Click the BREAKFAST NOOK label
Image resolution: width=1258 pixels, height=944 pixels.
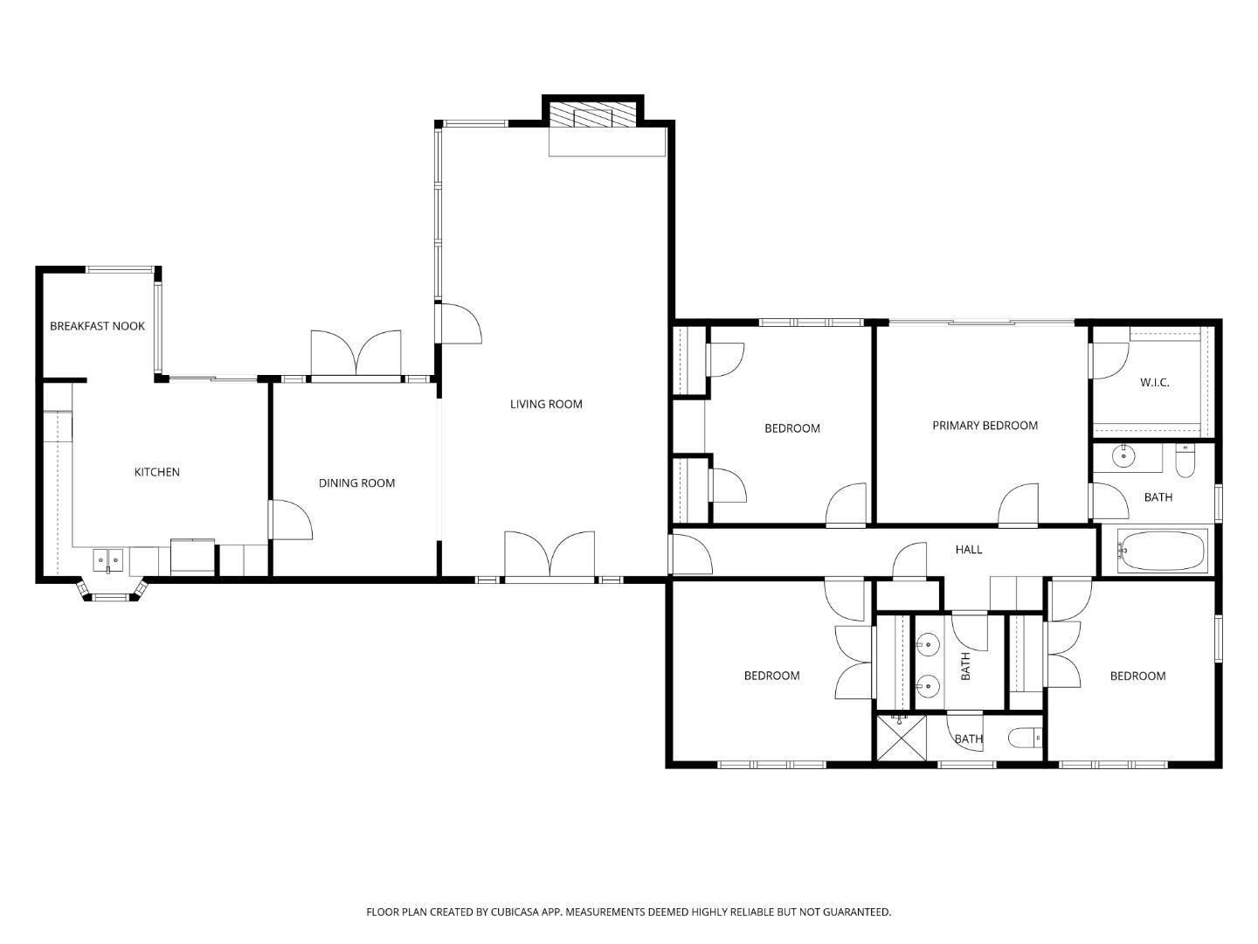tap(97, 326)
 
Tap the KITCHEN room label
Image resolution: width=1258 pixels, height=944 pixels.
tap(156, 472)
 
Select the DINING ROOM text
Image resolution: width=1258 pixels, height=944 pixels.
tap(356, 482)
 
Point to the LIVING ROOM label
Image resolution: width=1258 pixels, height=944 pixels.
tap(546, 404)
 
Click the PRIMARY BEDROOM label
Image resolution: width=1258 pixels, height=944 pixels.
tap(985, 426)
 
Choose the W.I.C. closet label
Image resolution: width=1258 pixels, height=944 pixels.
tap(1154, 383)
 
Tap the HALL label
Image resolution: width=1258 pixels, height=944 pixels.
tap(969, 550)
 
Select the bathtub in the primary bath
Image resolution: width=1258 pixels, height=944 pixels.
tap(1163, 551)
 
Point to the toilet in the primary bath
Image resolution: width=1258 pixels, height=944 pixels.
tap(1185, 462)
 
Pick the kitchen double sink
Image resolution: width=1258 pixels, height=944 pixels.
tap(108, 559)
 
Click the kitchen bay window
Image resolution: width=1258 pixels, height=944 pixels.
tap(111, 597)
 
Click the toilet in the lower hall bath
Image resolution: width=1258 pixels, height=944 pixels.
tap(1026, 739)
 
